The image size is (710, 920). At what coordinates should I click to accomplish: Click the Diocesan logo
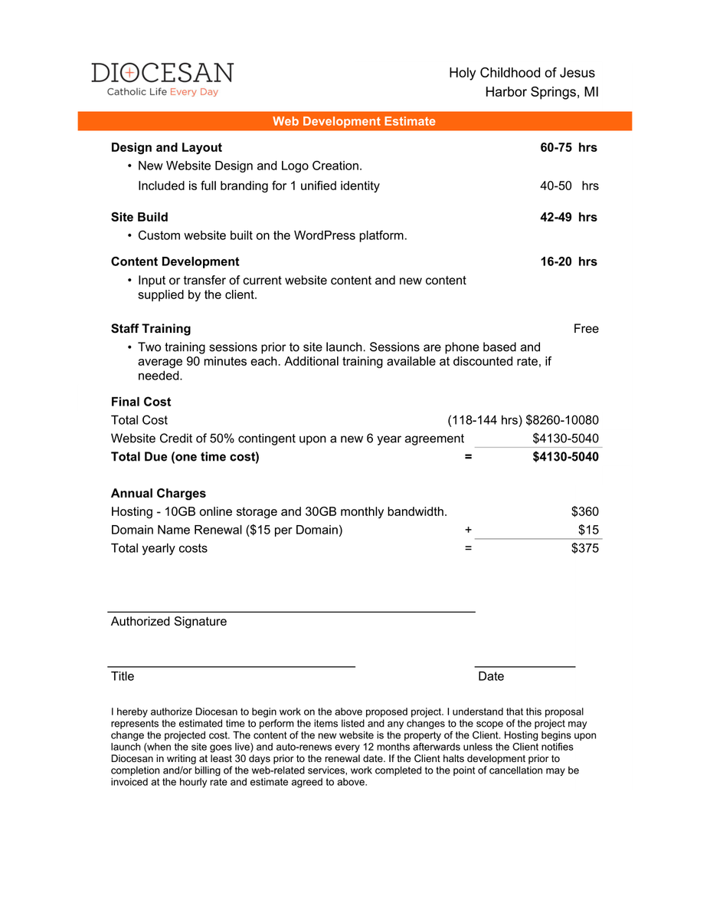pos(162,79)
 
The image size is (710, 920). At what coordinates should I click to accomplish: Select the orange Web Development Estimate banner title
pos(354,121)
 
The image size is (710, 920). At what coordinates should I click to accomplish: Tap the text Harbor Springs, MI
pos(541,92)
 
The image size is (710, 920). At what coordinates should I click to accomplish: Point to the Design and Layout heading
pos(166,147)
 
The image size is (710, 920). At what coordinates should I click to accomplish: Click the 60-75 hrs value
pos(568,147)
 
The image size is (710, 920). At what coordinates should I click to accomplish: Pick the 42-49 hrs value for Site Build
pos(568,217)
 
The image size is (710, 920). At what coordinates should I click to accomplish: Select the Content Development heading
pos(175,261)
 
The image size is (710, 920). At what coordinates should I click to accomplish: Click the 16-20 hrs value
pos(568,261)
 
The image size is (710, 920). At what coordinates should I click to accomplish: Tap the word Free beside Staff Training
pos(586,329)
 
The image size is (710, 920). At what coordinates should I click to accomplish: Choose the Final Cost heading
pos(141,402)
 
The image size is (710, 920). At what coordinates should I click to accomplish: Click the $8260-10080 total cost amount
pos(562,420)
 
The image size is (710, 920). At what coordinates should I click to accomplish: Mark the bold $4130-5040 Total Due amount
pos(565,457)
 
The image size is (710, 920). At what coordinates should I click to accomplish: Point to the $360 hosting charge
pos(585,511)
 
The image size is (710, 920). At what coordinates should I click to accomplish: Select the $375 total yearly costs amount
pos(585,548)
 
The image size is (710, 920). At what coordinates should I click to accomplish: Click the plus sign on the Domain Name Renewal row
pos(468,530)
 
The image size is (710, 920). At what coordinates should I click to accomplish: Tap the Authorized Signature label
pos(169,621)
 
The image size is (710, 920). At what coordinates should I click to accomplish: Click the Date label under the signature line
pos(491,676)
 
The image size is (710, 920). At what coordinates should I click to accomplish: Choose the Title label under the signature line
pos(123,676)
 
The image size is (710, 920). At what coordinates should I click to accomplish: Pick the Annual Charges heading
pos(158,493)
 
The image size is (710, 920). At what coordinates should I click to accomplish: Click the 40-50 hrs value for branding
pos(569,186)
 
